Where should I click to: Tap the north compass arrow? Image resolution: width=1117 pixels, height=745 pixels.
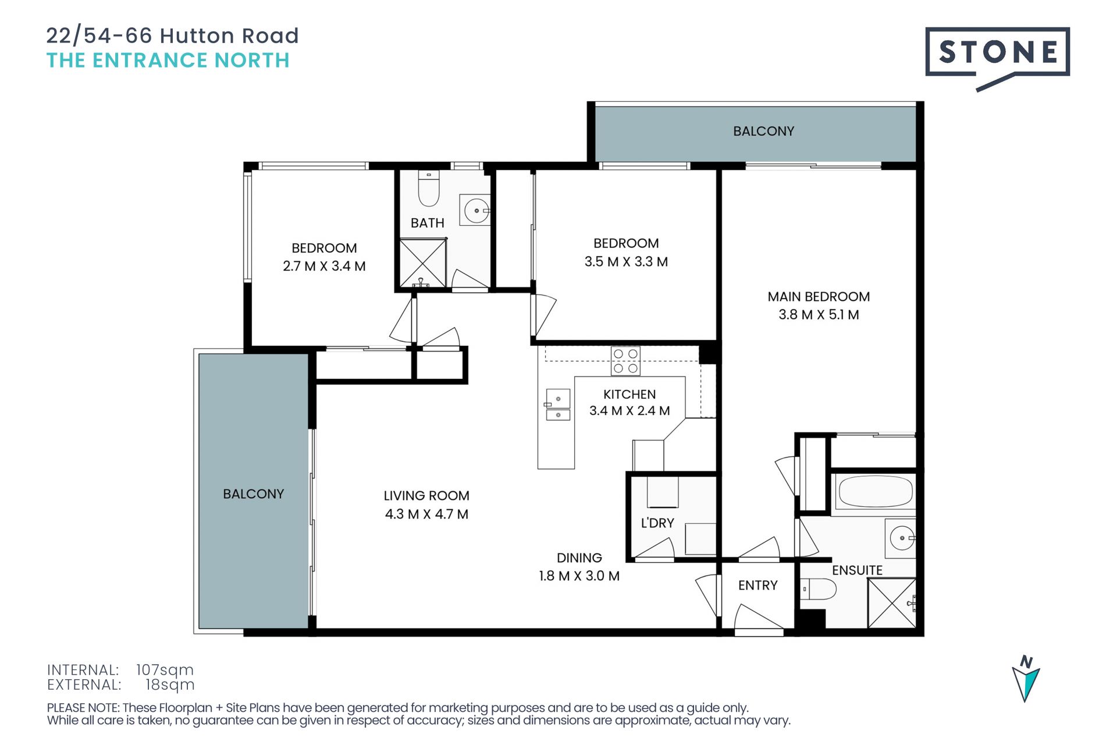point(1026,680)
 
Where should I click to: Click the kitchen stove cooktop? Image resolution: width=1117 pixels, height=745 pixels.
point(625,361)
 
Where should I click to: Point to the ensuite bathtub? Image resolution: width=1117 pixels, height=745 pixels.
point(874,491)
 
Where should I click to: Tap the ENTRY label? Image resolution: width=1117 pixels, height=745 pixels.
point(757,586)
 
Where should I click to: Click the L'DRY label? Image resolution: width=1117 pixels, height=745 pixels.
point(657,523)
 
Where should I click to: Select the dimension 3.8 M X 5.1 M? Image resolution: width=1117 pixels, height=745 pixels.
point(819,315)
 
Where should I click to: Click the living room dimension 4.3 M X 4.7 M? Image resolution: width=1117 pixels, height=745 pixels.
point(426,515)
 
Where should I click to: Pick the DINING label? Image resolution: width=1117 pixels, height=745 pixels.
point(579,558)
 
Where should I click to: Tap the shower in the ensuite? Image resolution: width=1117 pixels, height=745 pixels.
point(892,603)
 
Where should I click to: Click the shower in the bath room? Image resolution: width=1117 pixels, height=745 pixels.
point(423,262)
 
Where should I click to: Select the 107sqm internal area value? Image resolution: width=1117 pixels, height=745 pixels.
point(165,670)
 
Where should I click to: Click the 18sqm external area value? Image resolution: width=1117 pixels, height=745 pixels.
point(170,684)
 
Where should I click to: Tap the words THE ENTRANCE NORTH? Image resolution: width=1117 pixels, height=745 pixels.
point(168,61)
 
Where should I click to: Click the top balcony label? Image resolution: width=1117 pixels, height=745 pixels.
point(763,132)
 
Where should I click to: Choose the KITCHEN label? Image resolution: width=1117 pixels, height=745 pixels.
point(629,395)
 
